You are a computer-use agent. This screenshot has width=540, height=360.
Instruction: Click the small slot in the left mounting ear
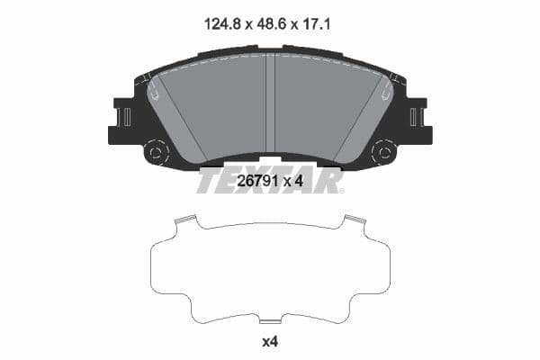coord(127,117)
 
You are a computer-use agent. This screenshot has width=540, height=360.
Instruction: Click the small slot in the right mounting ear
coord(414,117)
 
